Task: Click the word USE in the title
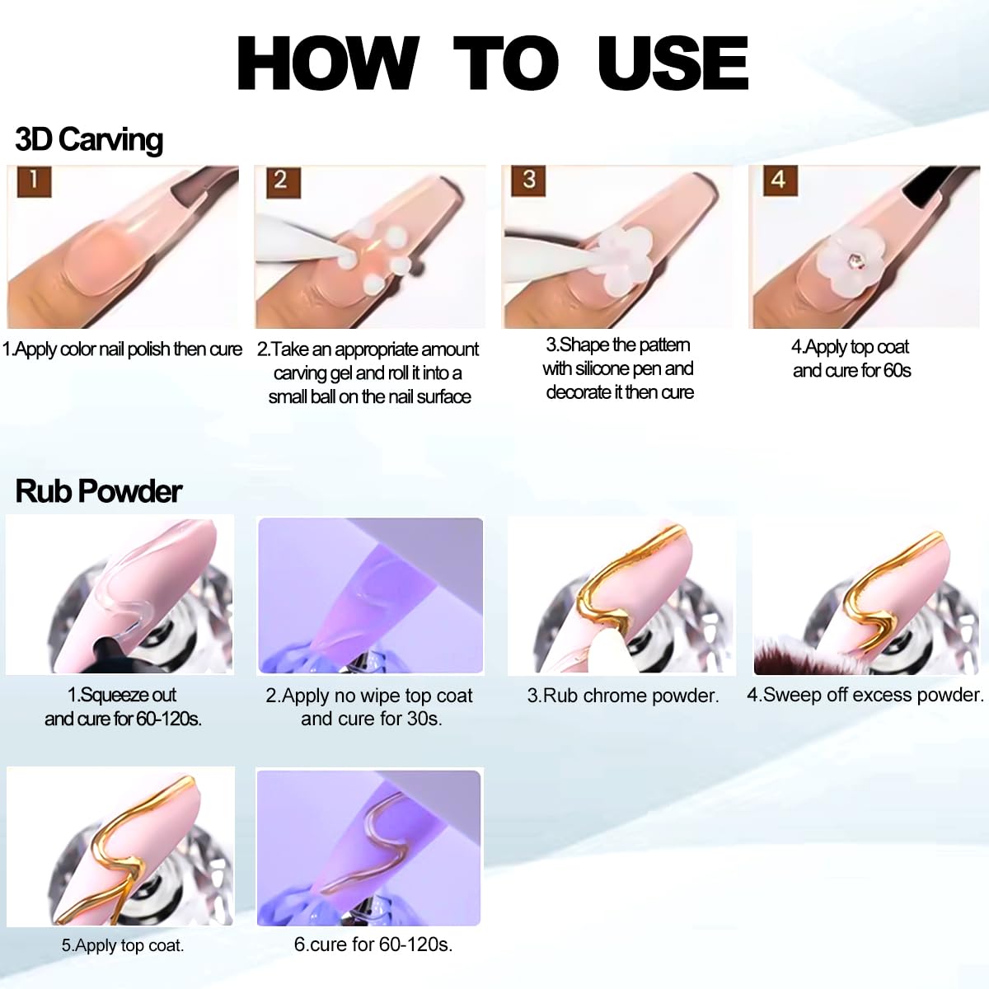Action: [673, 63]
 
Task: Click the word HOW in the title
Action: [327, 63]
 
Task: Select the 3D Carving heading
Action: [89, 139]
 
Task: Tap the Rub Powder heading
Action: [98, 491]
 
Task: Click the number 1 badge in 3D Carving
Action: [34, 180]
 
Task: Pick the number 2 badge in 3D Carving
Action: [280, 180]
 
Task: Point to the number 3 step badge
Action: [529, 180]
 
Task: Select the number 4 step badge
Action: [778, 180]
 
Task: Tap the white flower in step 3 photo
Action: [625, 255]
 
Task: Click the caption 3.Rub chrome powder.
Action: [623, 696]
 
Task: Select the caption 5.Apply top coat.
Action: [123, 945]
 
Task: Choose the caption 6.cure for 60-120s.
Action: [373, 944]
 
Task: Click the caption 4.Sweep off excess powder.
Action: [865, 695]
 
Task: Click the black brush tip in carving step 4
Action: [927, 185]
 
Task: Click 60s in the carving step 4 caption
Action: [897, 371]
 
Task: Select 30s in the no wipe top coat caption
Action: [424, 719]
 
